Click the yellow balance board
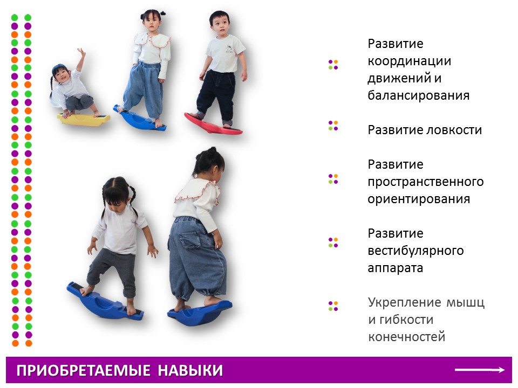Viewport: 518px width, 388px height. tap(84, 120)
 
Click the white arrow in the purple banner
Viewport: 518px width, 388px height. tap(480, 370)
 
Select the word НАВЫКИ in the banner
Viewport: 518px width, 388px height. tap(190, 371)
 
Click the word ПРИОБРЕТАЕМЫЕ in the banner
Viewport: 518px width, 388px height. tap(84, 371)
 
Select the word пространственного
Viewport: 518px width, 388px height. tap(426, 182)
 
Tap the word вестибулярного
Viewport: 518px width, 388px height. tap(415, 251)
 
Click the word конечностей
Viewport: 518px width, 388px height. tap(407, 337)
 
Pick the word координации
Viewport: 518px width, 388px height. tap(410, 61)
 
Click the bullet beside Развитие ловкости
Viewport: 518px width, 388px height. tap(333, 126)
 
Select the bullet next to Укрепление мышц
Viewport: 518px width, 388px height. tap(333, 306)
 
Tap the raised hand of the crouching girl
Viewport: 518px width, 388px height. tap(81, 53)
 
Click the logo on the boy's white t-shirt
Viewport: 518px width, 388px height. tap(229, 49)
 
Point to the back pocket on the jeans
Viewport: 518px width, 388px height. tap(189, 239)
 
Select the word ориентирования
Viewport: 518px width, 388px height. tap(419, 199)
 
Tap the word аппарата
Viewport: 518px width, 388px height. tap(396, 268)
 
